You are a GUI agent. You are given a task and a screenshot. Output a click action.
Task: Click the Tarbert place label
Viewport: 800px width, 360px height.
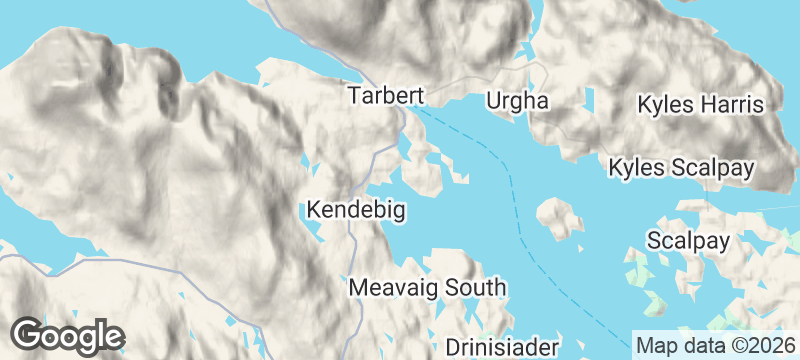pos(386,96)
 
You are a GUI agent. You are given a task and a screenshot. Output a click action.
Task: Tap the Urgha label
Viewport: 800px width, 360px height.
pos(518,101)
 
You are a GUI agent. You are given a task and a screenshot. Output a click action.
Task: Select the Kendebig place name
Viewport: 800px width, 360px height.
pos(357,211)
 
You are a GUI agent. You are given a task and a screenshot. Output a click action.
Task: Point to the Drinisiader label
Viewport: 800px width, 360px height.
pos(500,347)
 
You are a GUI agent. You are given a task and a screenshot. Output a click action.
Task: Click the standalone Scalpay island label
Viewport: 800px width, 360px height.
pos(688,241)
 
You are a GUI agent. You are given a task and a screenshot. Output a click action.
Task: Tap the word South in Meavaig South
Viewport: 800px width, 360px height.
pos(475,288)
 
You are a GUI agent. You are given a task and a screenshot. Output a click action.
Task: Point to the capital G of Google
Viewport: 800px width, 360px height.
pos(29,334)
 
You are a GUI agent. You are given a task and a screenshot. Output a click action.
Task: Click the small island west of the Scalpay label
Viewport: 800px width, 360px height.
pos(559,218)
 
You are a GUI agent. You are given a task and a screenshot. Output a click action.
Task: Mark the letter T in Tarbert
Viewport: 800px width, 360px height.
pos(354,96)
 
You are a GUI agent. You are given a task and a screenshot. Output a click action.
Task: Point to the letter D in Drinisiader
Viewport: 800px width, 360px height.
pos(452,347)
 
